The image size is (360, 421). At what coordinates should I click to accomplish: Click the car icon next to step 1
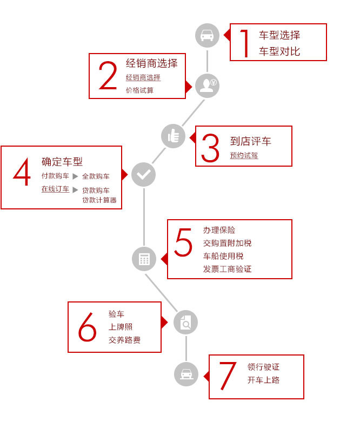click(x=207, y=35)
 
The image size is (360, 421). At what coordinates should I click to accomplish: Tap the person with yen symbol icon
click(x=207, y=85)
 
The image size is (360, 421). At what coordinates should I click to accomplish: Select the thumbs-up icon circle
click(x=174, y=136)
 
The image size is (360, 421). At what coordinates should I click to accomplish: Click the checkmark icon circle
click(x=144, y=175)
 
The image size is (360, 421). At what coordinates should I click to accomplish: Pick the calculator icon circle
click(x=144, y=259)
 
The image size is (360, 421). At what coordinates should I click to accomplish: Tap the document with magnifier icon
click(x=185, y=322)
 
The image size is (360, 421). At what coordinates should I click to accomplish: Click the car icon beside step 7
click(x=186, y=374)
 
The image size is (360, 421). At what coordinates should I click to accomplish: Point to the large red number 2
click(x=108, y=75)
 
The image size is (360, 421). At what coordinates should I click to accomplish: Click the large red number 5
click(x=183, y=242)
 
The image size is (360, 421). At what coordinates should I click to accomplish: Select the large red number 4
click(x=22, y=172)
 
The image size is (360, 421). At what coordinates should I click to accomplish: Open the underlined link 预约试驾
click(x=244, y=155)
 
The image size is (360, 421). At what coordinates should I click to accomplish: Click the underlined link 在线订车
click(x=55, y=189)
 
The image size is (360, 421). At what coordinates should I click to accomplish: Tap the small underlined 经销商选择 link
click(x=143, y=77)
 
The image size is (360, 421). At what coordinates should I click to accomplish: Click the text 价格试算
click(x=139, y=90)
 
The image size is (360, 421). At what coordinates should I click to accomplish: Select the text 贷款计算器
click(x=99, y=200)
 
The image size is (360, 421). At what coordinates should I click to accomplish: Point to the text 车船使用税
click(x=223, y=256)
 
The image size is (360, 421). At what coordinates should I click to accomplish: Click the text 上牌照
click(x=121, y=327)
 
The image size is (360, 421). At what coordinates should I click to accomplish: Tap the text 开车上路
click(x=263, y=380)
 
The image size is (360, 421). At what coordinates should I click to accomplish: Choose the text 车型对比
click(x=279, y=51)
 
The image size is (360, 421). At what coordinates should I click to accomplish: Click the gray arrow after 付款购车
click(x=75, y=176)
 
